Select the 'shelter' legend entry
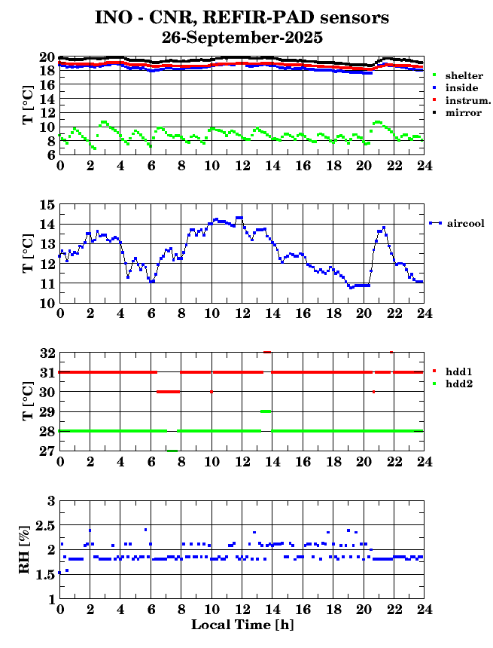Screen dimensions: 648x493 tap(464, 75)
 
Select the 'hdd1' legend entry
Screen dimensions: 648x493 tap(460, 371)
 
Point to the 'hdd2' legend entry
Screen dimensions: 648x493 tap(460, 384)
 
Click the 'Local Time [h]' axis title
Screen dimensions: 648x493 tap(241, 625)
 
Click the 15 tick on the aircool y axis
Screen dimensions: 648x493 tap(47, 205)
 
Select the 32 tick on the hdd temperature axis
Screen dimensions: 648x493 tap(47, 353)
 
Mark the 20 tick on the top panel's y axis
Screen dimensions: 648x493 tap(47, 57)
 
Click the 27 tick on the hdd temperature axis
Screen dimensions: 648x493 tap(47, 451)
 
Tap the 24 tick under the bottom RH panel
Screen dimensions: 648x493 tap(424, 610)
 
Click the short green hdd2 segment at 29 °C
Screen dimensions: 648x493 tap(266, 411)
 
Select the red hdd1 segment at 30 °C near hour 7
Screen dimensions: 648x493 tap(168, 392)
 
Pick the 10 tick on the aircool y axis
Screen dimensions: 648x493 tap(47, 303)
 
